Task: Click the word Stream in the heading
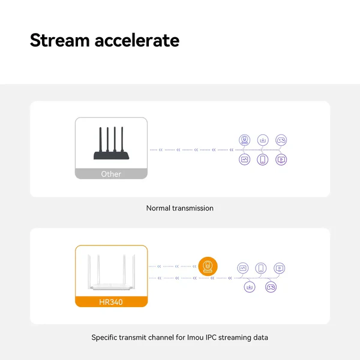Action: (x=59, y=40)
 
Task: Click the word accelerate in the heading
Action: (x=137, y=40)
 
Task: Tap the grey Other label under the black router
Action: (x=111, y=173)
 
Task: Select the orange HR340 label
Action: (x=111, y=302)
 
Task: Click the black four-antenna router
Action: (x=111, y=143)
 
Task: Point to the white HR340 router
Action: (x=112, y=272)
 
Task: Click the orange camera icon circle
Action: (x=208, y=266)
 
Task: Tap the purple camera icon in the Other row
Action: (x=245, y=140)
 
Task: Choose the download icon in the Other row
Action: (x=263, y=140)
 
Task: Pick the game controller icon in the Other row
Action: (x=281, y=140)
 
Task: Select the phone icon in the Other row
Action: (x=263, y=160)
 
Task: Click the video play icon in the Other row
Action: (x=281, y=160)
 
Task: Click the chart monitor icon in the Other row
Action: (x=245, y=160)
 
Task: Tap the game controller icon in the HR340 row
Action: (x=271, y=287)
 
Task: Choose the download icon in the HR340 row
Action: (x=250, y=287)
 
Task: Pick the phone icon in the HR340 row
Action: (x=261, y=268)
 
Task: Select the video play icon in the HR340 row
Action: (x=280, y=268)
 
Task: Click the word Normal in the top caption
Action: (x=158, y=208)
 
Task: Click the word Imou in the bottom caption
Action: (x=196, y=337)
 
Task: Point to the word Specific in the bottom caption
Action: (x=104, y=338)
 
